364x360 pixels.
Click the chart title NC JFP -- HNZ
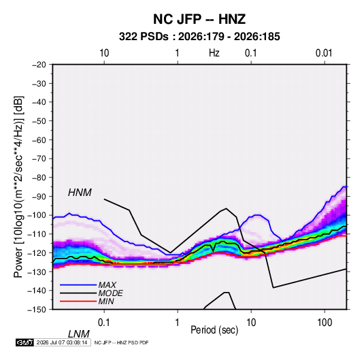pos(199,19)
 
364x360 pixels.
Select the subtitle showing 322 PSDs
pos(199,37)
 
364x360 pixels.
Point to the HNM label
pos(80,193)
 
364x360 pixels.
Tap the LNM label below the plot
pos(79,334)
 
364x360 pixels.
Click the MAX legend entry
pos(107,284)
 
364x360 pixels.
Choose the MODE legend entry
pos(110,293)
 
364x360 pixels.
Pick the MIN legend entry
pos(106,301)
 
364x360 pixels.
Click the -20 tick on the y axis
pos(39,65)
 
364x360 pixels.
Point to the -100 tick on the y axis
pos(37,215)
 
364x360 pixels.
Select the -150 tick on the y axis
pos(37,310)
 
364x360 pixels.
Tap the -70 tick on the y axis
pos(39,159)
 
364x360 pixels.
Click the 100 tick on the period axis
pos(325,323)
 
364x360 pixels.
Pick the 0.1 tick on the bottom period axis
pos(104,323)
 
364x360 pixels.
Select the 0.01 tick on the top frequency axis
pos(324,53)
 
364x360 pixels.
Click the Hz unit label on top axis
pos(214,53)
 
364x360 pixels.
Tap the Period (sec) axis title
pos(214,330)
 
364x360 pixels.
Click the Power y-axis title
pos(18,186)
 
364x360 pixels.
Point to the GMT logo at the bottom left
pos(25,342)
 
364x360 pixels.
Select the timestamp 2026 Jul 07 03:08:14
pos(62,342)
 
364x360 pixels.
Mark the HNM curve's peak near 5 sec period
pos(226,208)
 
